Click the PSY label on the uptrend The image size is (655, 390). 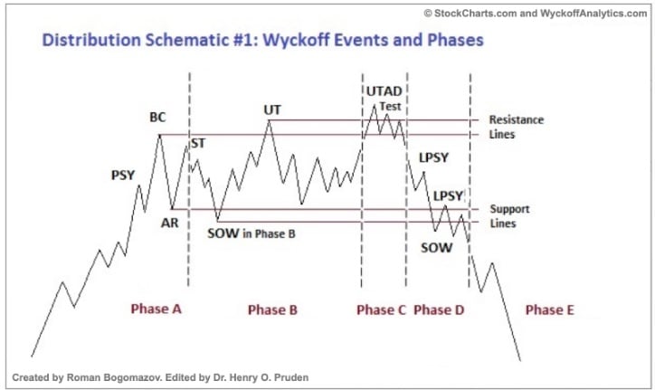coord(123,175)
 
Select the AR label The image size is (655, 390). coord(170,222)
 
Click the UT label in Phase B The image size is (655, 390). coord(272,109)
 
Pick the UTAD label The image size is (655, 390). coord(384,91)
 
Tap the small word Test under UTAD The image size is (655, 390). coord(390,106)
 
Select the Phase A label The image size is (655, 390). coord(157,309)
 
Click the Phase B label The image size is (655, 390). coord(272,310)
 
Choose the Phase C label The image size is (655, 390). coord(381,310)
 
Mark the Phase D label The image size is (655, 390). coord(439,310)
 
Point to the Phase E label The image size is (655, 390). coord(549,310)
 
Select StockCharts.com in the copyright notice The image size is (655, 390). coord(477,13)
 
